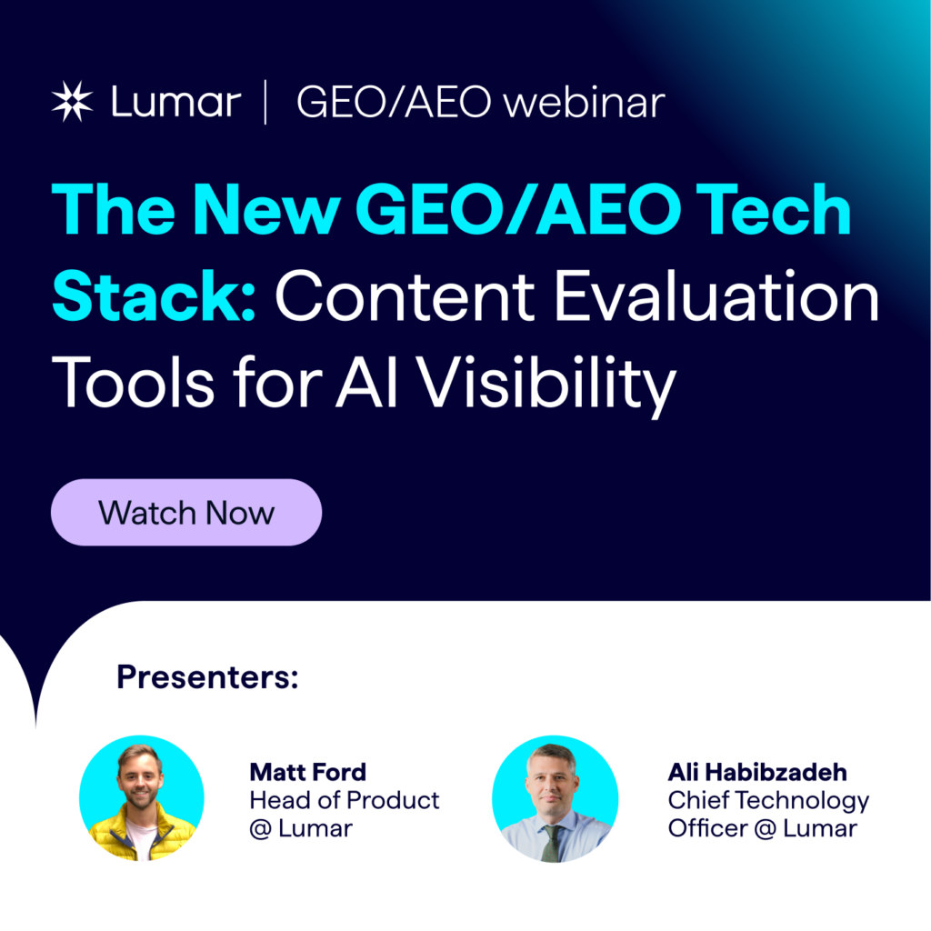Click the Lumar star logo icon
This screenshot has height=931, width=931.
[73, 102]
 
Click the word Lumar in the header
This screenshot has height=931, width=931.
[175, 102]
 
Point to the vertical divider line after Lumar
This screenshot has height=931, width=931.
[265, 102]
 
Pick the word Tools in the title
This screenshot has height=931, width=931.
[136, 382]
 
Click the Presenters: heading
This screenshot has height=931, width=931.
[207, 677]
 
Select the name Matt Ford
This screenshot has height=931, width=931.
[307, 773]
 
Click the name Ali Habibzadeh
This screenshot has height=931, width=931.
[756, 773]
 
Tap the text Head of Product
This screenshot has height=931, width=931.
[344, 800]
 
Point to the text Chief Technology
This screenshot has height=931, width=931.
[768, 800]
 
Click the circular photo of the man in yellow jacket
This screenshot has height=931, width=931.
[142, 798]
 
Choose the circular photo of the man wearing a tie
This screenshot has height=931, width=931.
[555, 798]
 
